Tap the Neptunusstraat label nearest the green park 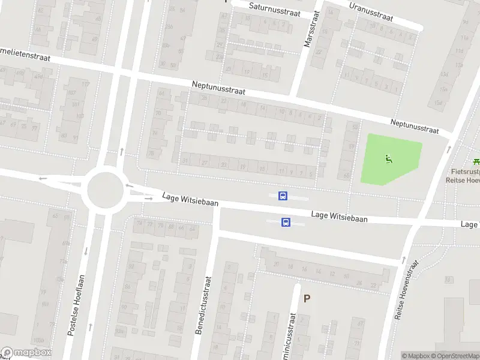coord(414,126)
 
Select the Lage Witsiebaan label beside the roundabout coord(190,200)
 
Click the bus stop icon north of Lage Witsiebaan coord(282,196)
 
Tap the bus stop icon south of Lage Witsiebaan coord(286,222)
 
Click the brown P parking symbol coord(307,298)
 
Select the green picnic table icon coord(476,161)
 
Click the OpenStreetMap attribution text coord(458,356)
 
